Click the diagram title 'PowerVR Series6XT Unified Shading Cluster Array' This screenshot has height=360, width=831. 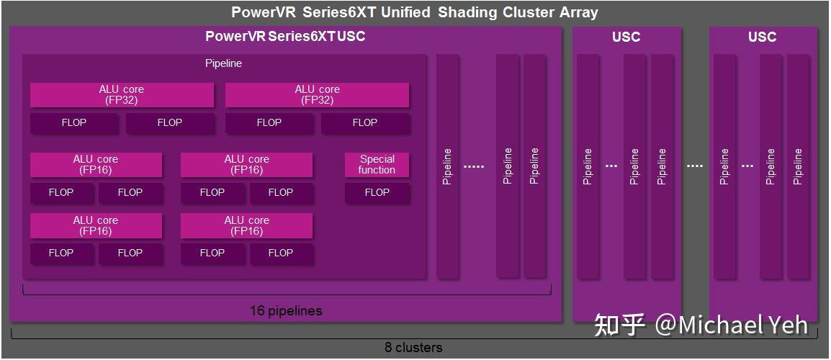414,12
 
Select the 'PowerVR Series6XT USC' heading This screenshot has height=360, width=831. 285,37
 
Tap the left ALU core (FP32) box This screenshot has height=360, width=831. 122,95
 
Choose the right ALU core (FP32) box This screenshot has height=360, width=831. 317,95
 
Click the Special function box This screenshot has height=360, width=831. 377,165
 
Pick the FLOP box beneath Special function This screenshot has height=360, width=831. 377,192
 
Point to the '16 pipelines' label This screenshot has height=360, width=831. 286,311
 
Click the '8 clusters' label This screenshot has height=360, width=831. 413,348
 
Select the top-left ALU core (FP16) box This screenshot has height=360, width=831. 96,165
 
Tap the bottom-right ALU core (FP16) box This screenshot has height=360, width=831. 246,226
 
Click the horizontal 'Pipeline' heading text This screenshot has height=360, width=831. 223,63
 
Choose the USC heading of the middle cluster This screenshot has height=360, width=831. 626,37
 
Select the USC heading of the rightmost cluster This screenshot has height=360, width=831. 762,37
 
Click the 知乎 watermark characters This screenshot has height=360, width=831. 619,325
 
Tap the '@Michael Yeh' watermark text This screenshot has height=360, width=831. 731,325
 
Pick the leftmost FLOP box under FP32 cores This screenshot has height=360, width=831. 73,123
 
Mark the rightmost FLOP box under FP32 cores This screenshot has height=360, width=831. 365,123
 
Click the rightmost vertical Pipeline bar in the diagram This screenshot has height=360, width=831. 797,166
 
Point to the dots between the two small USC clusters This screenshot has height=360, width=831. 694,166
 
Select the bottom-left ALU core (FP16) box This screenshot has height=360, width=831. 96,226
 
